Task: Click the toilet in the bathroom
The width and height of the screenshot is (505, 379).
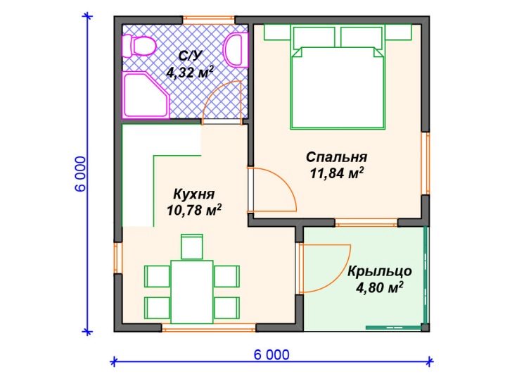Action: pyautogui.click(x=139, y=46)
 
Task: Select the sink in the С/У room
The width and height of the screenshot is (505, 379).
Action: pyautogui.click(x=236, y=50)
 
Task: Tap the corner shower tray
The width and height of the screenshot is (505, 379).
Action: pyautogui.click(x=145, y=95)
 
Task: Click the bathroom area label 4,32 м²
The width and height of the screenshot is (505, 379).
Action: pyautogui.click(x=190, y=73)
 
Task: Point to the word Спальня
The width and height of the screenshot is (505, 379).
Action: pyautogui.click(x=337, y=157)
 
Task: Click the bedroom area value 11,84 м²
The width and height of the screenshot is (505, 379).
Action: pyautogui.click(x=337, y=173)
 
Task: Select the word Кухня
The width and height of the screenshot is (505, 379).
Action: pyautogui.click(x=194, y=194)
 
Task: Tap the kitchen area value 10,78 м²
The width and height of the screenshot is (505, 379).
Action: pyautogui.click(x=194, y=211)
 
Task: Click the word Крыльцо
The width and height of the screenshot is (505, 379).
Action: pyautogui.click(x=380, y=272)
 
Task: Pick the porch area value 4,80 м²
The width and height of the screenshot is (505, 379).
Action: pyautogui.click(x=380, y=287)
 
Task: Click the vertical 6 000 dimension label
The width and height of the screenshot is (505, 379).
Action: pyautogui.click(x=81, y=174)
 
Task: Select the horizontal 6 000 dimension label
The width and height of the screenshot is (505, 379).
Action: pyautogui.click(x=271, y=355)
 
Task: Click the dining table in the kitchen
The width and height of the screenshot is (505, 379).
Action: pyautogui.click(x=192, y=292)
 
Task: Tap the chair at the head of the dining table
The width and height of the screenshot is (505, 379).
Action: pyautogui.click(x=192, y=247)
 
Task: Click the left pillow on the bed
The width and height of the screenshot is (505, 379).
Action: pyautogui.click(x=314, y=37)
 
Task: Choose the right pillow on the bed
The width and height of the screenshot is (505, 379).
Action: pyautogui.click(x=362, y=37)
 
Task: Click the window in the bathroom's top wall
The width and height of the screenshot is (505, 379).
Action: pyautogui.click(x=209, y=20)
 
